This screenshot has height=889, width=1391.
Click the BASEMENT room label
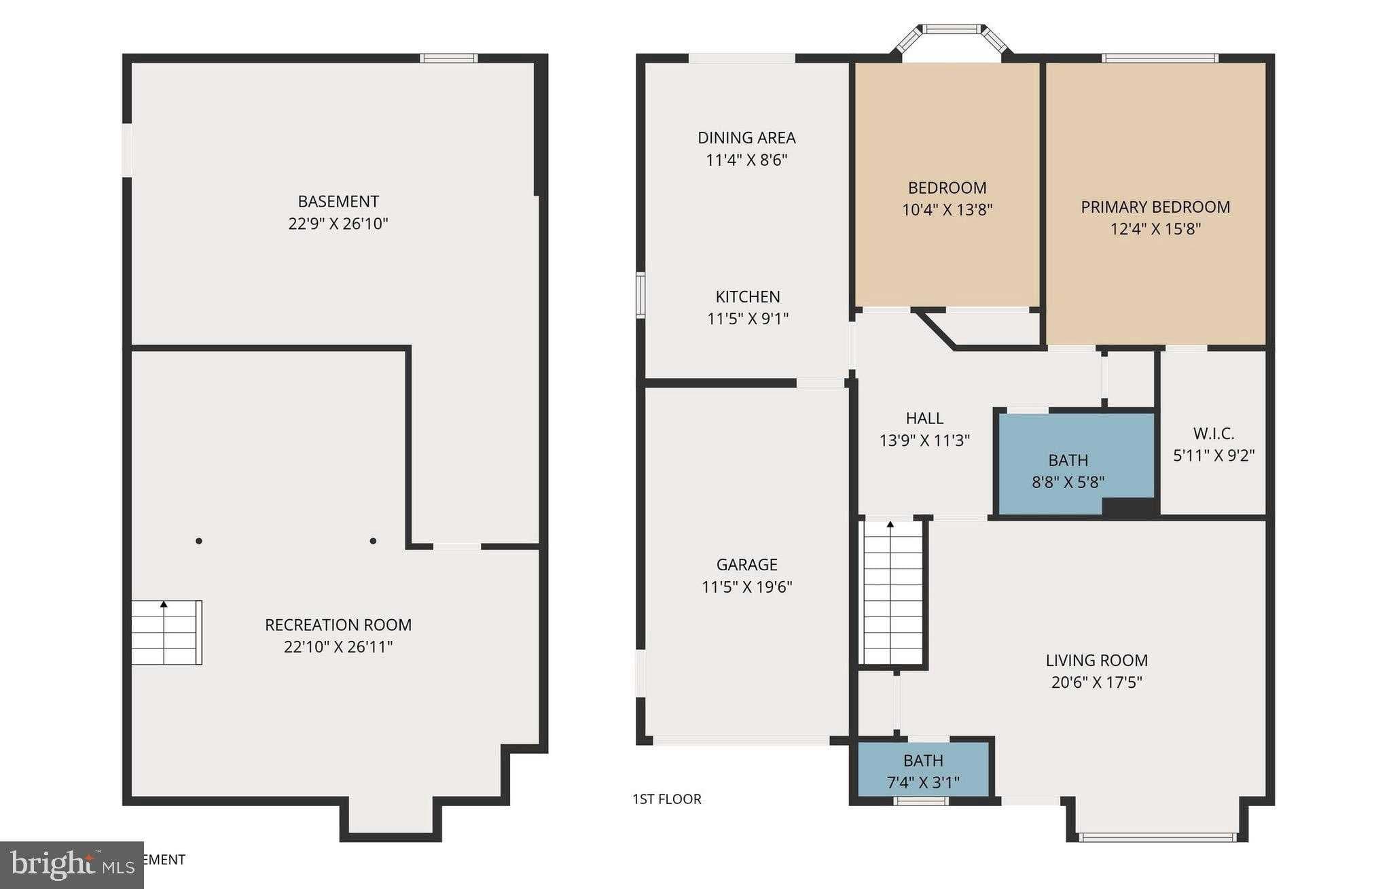(x=338, y=201)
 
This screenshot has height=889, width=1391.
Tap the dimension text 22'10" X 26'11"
(x=338, y=646)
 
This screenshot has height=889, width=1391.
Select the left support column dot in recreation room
(x=199, y=541)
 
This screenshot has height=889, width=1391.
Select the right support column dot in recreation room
(x=373, y=541)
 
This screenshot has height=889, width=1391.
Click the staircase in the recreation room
(x=166, y=633)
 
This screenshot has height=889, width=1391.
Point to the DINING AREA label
(x=746, y=138)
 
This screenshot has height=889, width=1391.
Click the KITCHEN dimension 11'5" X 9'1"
(x=747, y=319)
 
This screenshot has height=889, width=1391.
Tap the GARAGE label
(x=746, y=564)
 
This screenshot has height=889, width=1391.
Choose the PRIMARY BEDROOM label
(x=1155, y=207)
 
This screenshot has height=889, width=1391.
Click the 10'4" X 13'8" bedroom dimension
(x=947, y=210)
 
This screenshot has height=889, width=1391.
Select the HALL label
(x=924, y=418)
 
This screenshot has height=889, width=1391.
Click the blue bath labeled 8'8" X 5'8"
(x=1068, y=462)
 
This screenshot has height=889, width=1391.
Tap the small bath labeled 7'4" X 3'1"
(x=923, y=770)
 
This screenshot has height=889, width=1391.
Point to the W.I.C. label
(x=1213, y=433)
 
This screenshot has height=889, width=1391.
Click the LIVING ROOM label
(x=1096, y=660)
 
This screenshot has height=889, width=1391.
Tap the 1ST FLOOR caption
(x=666, y=799)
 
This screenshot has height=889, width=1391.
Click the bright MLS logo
(x=71, y=865)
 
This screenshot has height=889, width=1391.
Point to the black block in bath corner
(x=1127, y=507)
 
